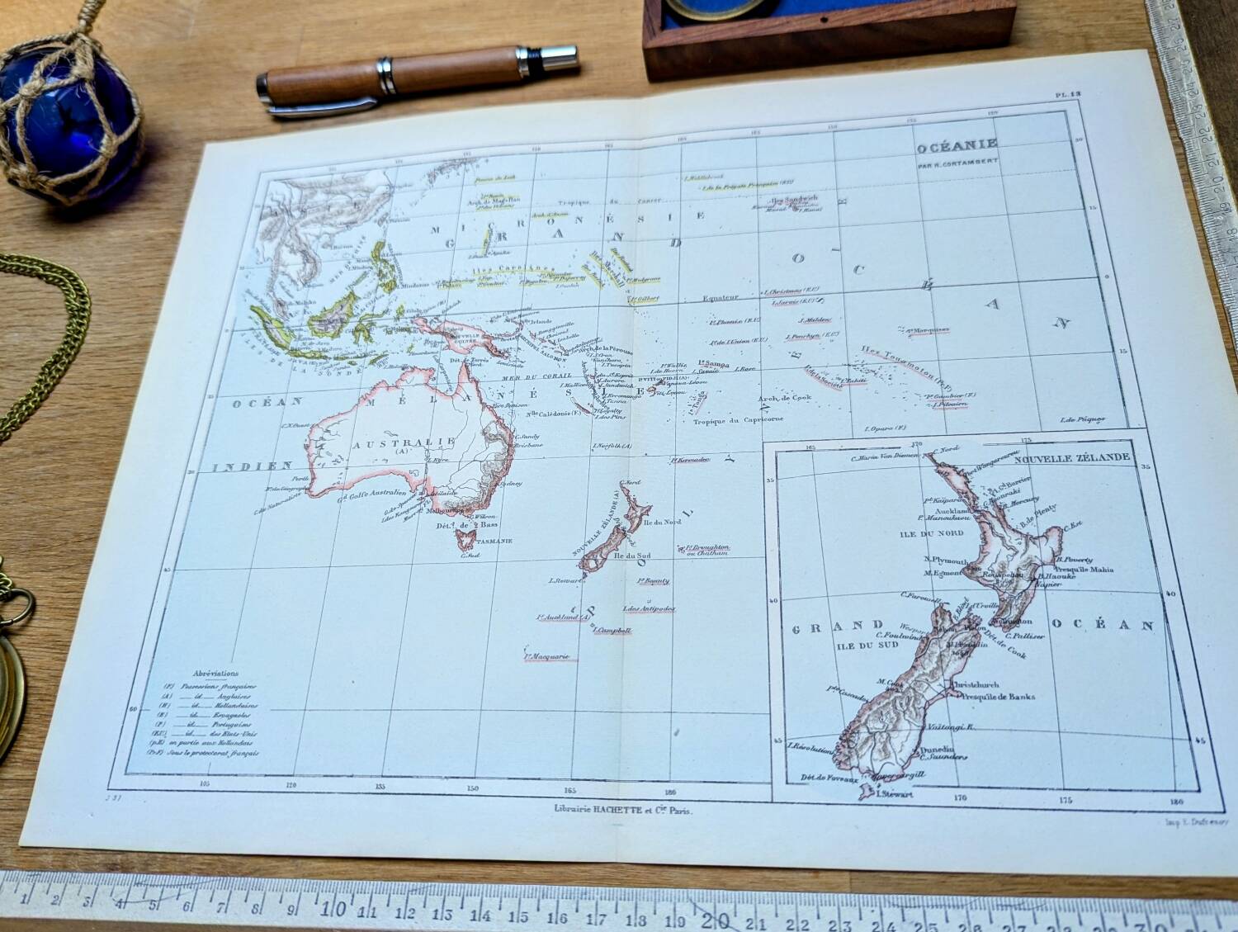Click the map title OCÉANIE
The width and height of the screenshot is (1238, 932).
click(957, 146)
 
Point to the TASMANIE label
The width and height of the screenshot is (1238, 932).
click(494, 541)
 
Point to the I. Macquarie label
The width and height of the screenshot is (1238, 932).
click(548, 657)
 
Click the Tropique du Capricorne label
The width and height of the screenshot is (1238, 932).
click(738, 421)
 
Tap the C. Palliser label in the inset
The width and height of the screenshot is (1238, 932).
click(1027, 636)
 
